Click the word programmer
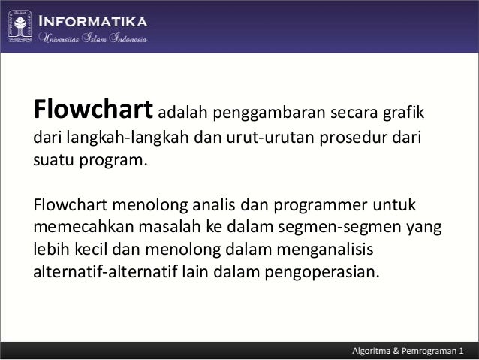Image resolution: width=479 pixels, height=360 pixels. tap(324, 205)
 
